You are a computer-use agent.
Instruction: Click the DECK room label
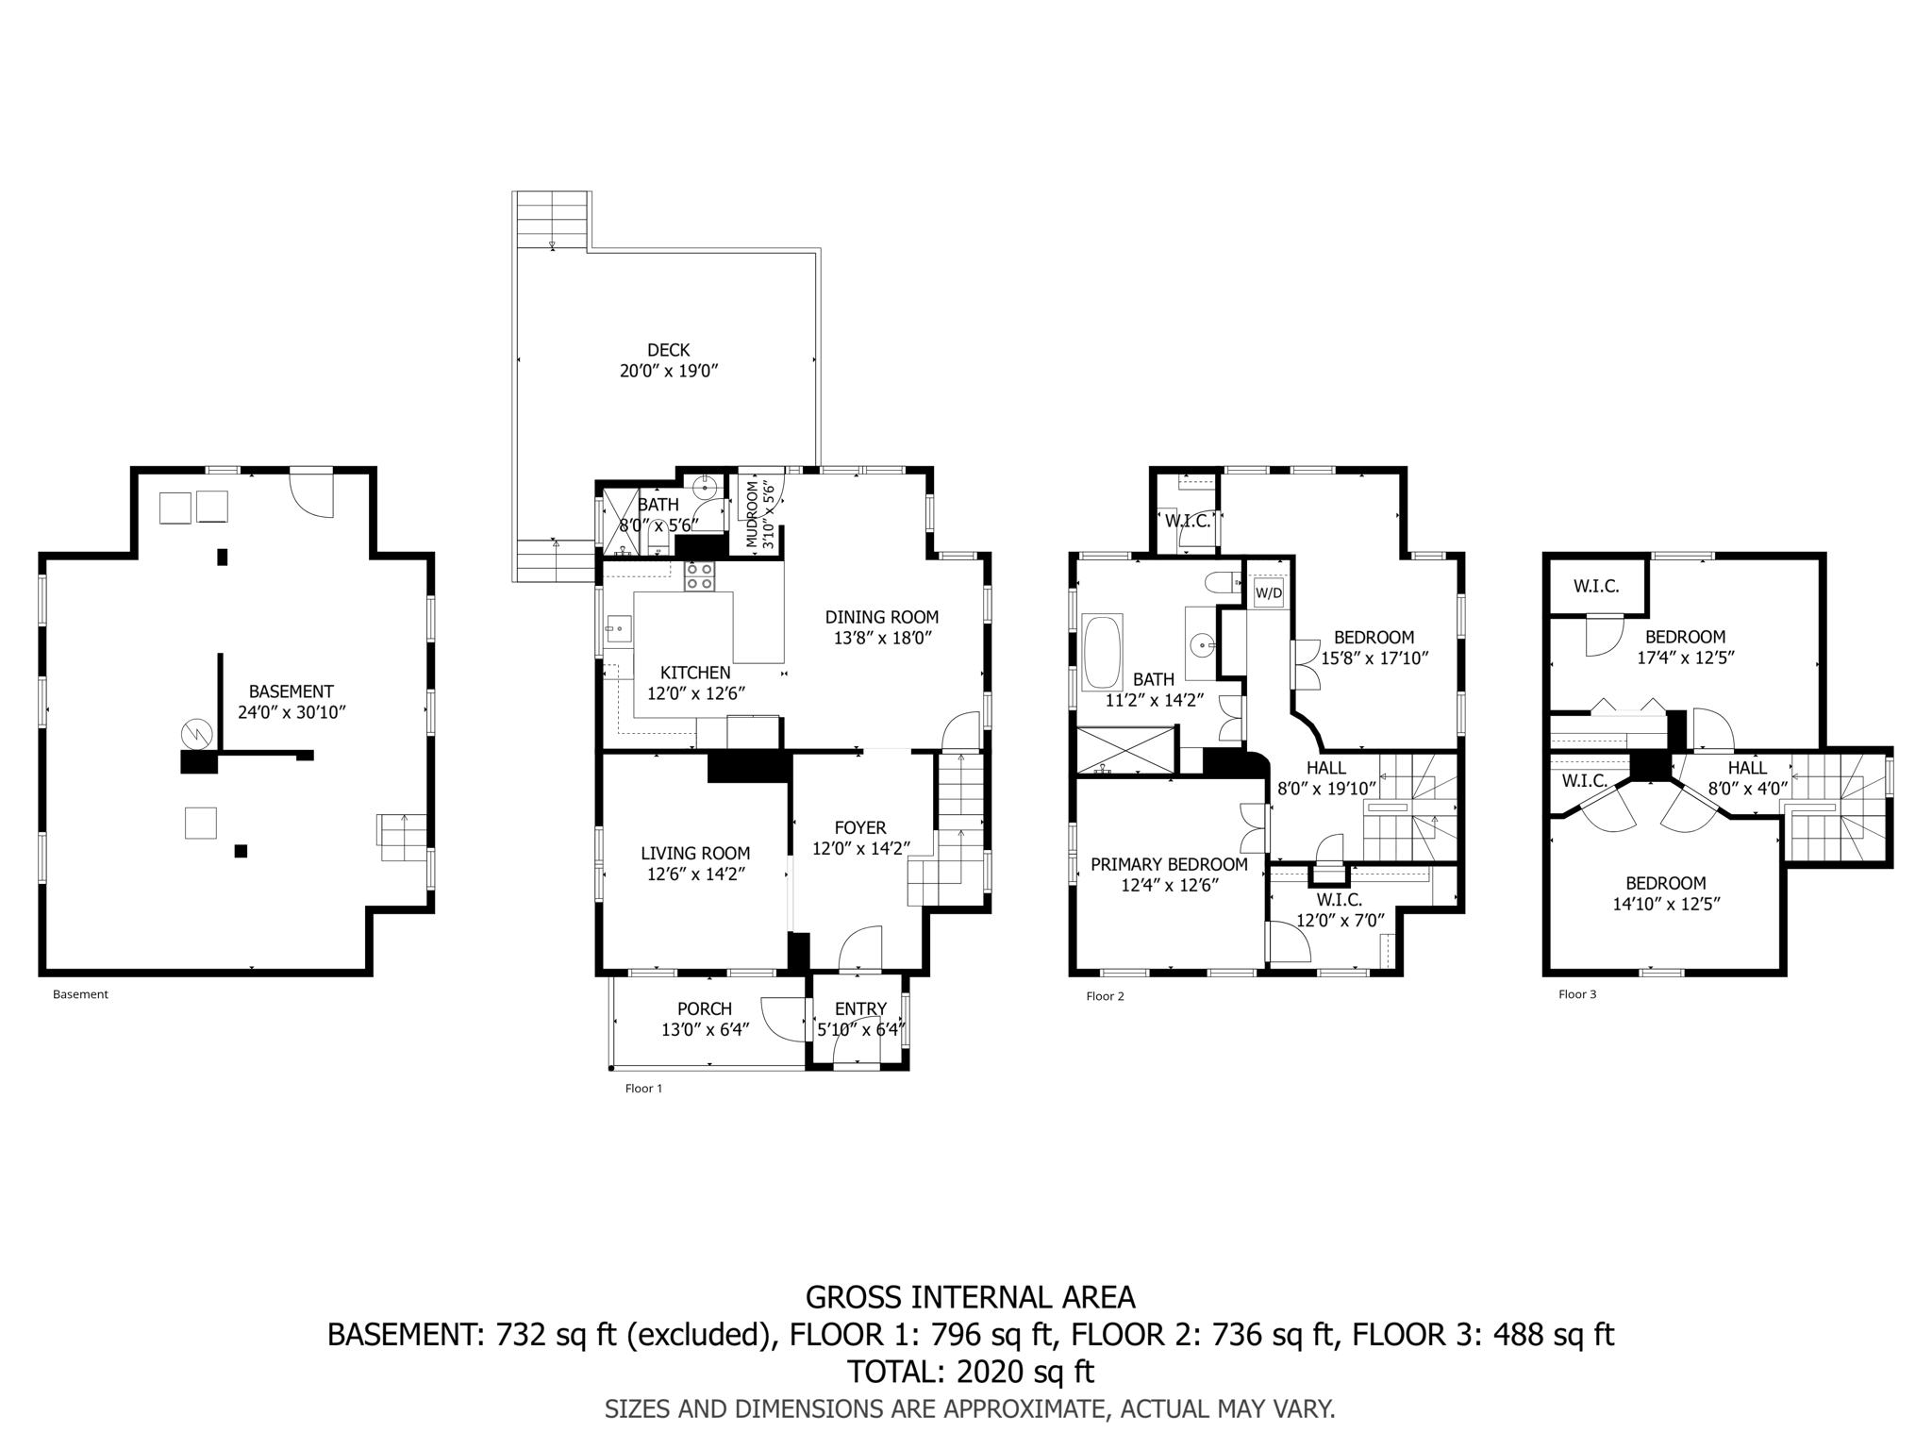pyautogui.click(x=668, y=350)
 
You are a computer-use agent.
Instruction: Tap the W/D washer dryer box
pyautogui.click(x=1268, y=593)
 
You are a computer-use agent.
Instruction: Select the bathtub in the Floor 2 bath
pyautogui.click(x=1103, y=652)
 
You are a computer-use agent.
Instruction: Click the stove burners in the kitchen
pyautogui.click(x=699, y=576)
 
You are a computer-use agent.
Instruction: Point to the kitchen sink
pyautogui.click(x=619, y=627)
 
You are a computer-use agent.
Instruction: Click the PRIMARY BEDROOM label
pyautogui.click(x=1169, y=864)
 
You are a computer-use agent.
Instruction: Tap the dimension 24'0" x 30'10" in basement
pyautogui.click(x=291, y=712)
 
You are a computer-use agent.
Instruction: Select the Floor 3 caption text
pyautogui.click(x=1577, y=994)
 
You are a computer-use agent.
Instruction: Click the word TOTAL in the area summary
pyautogui.click(x=895, y=1370)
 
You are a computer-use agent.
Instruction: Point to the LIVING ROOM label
pyautogui.click(x=695, y=854)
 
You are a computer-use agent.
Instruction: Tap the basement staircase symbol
pyautogui.click(x=403, y=837)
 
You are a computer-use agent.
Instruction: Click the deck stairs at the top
pyautogui.click(x=552, y=219)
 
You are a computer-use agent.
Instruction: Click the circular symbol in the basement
pyautogui.click(x=197, y=731)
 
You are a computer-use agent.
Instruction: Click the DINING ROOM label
pyautogui.click(x=882, y=617)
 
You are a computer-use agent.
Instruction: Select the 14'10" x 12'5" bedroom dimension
pyautogui.click(x=1665, y=904)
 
